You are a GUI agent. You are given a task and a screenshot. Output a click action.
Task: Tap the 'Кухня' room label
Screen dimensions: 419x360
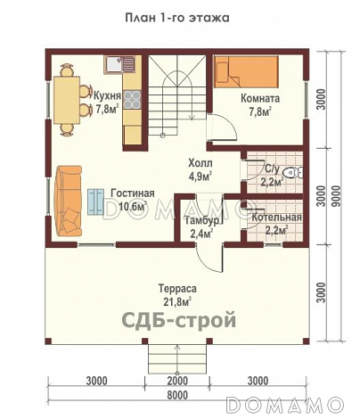tap(106, 91)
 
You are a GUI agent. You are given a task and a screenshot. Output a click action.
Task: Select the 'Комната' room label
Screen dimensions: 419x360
tap(260, 100)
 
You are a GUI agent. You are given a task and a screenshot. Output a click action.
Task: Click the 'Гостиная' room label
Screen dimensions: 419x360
tap(133, 193)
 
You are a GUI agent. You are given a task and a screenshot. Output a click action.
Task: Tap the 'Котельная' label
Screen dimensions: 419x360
tap(275, 217)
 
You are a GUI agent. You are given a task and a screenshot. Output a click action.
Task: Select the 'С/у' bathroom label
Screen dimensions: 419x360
tap(273, 167)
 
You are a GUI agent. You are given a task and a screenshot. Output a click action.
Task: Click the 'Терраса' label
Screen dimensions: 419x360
tap(177, 288)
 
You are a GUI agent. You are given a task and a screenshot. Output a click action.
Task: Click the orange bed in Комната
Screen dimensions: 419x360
tap(250, 71)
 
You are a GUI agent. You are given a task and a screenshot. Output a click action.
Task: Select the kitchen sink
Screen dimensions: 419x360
tap(118, 64)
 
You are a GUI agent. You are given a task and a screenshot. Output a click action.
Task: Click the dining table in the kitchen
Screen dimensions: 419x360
tap(66, 98)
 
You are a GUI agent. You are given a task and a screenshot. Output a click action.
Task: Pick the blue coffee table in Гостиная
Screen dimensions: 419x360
tap(94, 201)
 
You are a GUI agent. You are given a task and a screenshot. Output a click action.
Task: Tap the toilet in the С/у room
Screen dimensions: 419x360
tap(298, 172)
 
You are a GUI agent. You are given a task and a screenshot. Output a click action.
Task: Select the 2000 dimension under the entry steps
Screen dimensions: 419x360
tap(177, 380)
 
